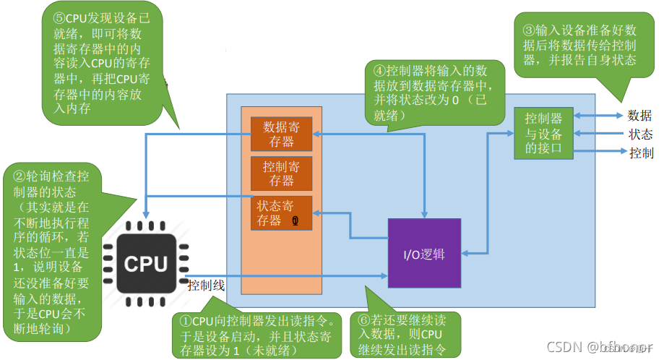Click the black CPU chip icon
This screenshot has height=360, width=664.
coord(145,264)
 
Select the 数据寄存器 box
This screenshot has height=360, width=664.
coord(281,134)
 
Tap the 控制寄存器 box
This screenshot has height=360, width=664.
coord(281,173)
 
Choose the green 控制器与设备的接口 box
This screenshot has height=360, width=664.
coord(543,133)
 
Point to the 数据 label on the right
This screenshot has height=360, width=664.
coord(639,116)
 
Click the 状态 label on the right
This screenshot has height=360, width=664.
coord(639,134)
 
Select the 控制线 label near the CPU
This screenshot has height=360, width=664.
coord(206,286)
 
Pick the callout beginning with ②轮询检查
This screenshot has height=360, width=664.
coord(53,253)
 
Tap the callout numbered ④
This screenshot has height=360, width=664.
coord(431,91)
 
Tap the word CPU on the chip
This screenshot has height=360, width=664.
coord(145,265)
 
